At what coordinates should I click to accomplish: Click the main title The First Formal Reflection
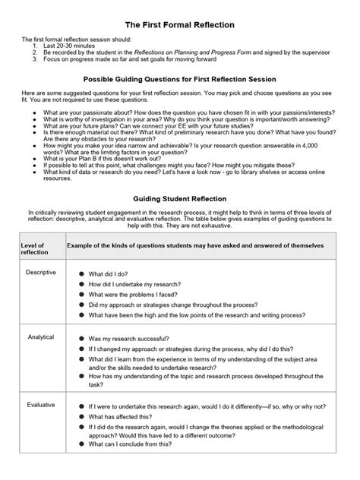[180, 25]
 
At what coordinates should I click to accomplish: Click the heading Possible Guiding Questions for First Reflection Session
[180, 79]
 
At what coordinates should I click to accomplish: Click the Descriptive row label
[41, 271]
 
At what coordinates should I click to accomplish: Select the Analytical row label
[40, 336]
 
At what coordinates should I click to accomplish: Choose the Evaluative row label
[41, 405]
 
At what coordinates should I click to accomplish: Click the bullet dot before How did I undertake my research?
[81, 283]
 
